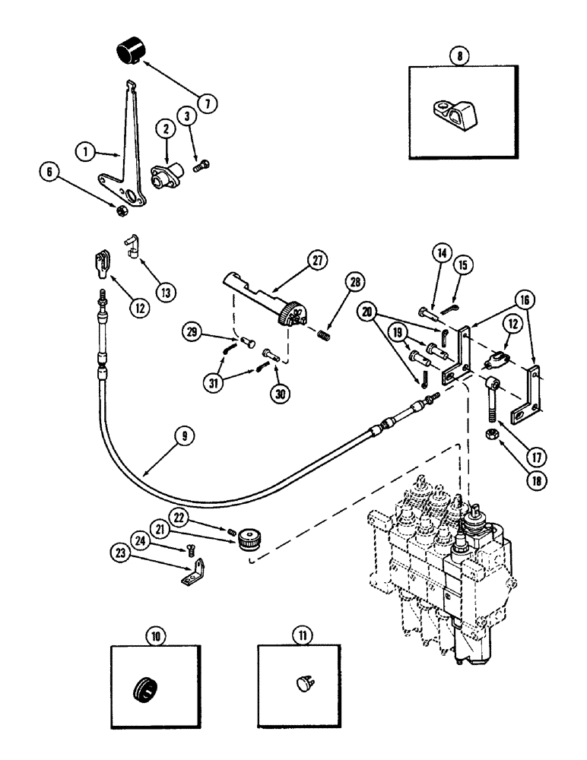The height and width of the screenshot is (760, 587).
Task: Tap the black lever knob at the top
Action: coord(130,53)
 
